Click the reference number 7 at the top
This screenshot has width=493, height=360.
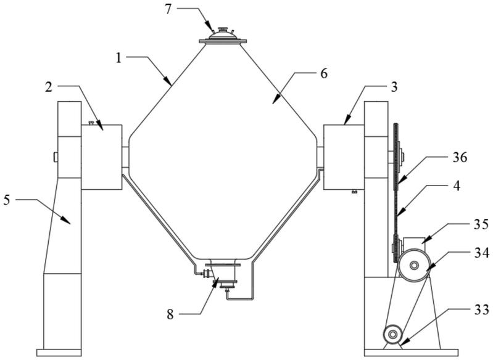click(168, 9)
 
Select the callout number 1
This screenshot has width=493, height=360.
click(118, 58)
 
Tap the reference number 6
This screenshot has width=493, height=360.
click(324, 73)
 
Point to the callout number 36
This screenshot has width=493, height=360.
click(460, 157)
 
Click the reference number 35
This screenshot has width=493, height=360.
click(481, 224)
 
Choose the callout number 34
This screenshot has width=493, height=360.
click(482, 253)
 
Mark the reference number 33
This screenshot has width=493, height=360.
click(482, 309)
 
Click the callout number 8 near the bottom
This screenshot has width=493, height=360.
click(170, 314)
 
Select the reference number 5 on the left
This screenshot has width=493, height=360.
click(7, 200)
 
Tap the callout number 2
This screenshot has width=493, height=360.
click(48, 87)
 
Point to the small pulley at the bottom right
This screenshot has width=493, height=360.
click(392, 334)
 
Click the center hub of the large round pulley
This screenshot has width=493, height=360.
click(414, 266)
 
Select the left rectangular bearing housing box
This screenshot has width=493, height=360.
click(102, 157)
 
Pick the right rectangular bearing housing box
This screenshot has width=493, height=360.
click(344, 157)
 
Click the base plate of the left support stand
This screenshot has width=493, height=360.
click(59, 353)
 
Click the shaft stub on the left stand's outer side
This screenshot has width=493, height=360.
click(56, 157)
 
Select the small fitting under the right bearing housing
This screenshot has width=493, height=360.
click(354, 191)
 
